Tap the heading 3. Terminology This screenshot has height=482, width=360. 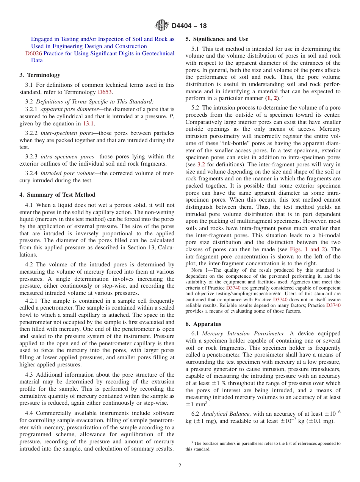[x=40, y=75]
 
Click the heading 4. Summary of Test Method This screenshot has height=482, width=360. [x=57, y=195]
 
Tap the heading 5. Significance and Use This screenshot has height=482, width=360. [x=217, y=39]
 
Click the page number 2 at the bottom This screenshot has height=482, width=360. [x=180, y=466]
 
